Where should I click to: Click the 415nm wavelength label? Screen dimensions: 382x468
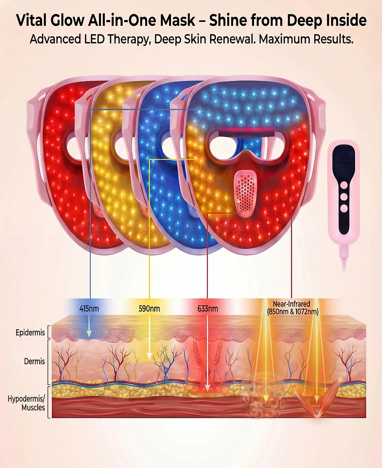click(89, 308)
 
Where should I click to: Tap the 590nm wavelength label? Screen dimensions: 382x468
click(149, 308)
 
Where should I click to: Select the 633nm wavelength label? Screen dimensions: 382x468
click(208, 308)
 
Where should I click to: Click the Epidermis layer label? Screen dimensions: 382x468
click(30, 333)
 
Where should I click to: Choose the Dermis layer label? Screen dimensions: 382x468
click(34, 361)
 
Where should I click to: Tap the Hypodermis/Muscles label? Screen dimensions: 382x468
click(27, 403)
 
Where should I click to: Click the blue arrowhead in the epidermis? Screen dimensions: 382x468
click(89, 334)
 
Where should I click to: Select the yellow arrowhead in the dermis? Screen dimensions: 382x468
click(149, 356)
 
